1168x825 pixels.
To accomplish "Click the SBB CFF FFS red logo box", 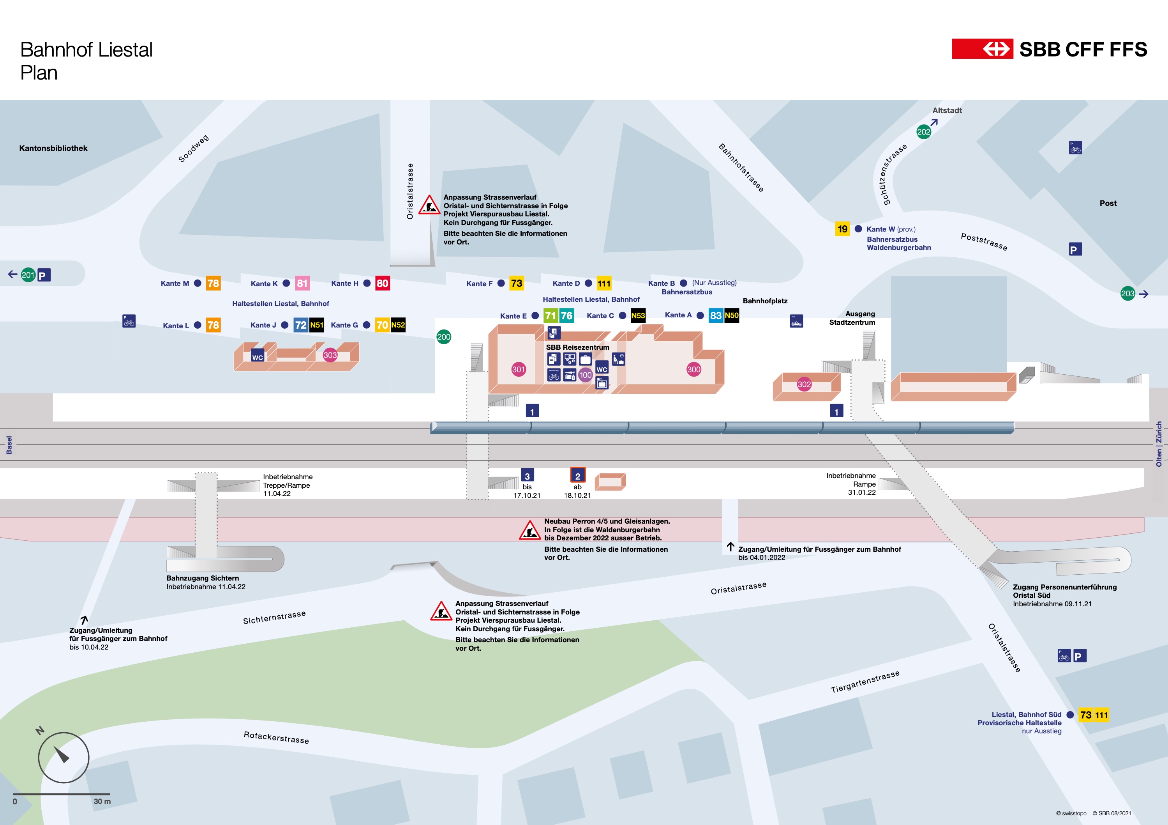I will click(982, 49).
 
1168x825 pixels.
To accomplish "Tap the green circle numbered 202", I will click(923, 132).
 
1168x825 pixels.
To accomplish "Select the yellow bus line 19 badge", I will click(842, 229).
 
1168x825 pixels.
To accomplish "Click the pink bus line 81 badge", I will click(302, 283).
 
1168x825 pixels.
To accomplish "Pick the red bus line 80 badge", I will click(382, 283).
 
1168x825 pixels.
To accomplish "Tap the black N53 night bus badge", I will click(638, 315).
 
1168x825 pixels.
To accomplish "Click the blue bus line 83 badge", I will click(716, 315).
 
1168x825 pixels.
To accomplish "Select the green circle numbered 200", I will click(444, 337).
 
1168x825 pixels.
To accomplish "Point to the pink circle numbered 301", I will click(519, 370).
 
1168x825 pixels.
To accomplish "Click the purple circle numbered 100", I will click(586, 375).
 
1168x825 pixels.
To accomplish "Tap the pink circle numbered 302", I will click(804, 384).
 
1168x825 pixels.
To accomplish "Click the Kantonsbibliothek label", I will click(53, 148).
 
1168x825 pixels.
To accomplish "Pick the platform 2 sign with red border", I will click(577, 475).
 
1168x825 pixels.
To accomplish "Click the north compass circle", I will click(64, 757).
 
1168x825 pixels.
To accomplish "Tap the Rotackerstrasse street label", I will click(276, 737).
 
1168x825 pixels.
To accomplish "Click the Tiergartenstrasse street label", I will click(865, 682).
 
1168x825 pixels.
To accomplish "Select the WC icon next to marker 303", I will click(258, 356).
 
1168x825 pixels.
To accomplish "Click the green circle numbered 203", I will click(1128, 294).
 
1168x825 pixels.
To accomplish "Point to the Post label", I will click(1108, 203).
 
